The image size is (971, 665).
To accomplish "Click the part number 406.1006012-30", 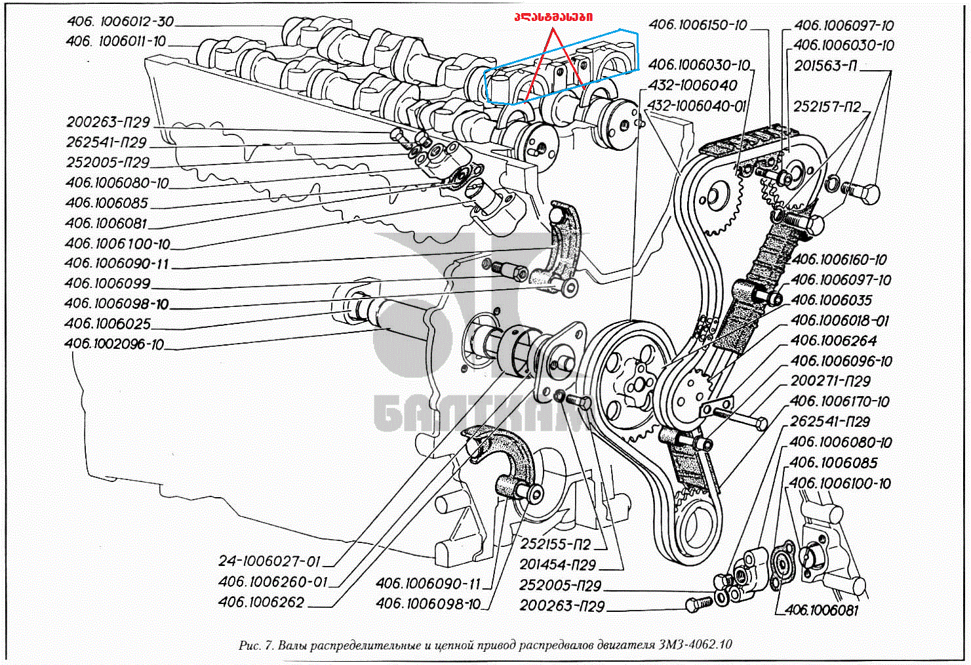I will [120, 22].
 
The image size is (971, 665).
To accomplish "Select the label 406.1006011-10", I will [116, 41].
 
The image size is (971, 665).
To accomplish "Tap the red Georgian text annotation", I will [553, 16].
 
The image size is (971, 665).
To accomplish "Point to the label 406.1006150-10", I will [698, 25].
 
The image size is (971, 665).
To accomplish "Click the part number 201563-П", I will [825, 66].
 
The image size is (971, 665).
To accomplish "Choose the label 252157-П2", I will [827, 106].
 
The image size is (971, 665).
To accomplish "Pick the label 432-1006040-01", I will [696, 106].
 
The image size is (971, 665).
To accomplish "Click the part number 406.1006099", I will [108, 283].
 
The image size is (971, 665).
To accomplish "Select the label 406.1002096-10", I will [114, 344].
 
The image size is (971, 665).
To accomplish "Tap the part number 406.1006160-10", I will [839, 260].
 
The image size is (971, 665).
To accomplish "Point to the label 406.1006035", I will [831, 300].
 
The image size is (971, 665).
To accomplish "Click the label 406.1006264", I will [833, 341].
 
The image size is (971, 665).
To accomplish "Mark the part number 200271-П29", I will [831, 381].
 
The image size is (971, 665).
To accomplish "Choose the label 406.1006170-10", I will [839, 401].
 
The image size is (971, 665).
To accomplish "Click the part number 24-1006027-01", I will [269, 561].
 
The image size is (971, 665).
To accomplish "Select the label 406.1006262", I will [261, 602].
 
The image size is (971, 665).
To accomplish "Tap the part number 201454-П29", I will [557, 565].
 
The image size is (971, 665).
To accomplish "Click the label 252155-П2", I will [555, 544].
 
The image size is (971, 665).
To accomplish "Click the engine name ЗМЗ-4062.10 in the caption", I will [694, 645].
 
